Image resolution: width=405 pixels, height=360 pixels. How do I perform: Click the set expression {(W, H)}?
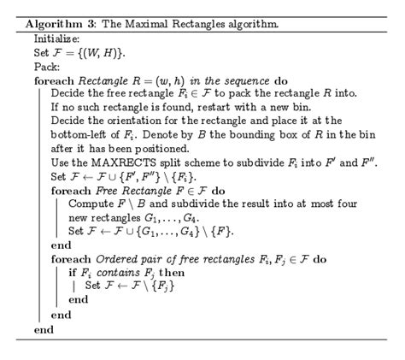tap(93, 52)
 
